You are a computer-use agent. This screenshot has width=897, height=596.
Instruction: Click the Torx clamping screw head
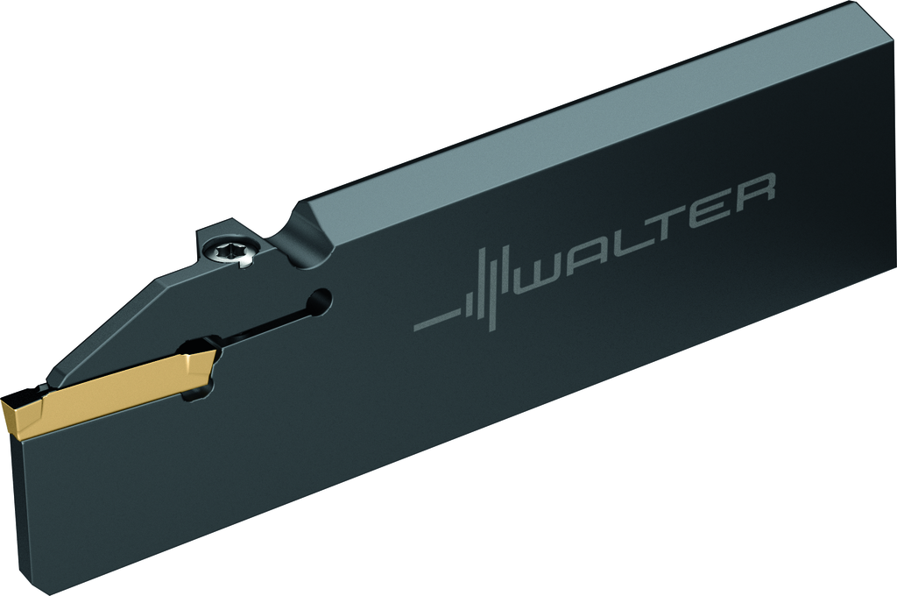[x=233, y=252]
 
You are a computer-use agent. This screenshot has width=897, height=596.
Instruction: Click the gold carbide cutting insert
[x=109, y=390]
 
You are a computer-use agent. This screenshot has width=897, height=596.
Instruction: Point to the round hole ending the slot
[x=320, y=302]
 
